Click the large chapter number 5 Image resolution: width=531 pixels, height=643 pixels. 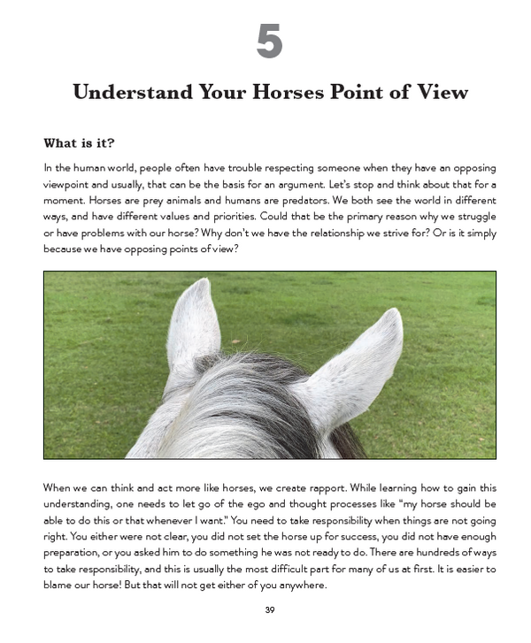tap(269, 42)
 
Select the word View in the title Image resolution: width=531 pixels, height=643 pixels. tap(437, 93)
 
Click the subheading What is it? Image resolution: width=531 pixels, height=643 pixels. tap(79, 143)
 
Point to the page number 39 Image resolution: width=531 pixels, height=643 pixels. tap(269, 610)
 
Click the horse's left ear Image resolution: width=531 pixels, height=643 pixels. tap(192, 327)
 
